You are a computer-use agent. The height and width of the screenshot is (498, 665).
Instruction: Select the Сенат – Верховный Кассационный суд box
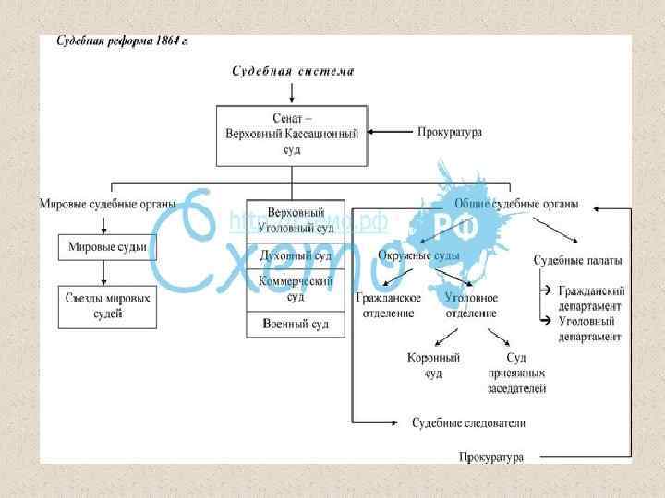[292, 134]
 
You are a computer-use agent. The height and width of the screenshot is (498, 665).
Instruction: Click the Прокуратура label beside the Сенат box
[450, 133]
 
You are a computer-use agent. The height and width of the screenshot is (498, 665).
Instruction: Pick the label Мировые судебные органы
[107, 205]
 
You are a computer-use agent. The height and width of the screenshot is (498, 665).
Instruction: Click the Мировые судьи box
[108, 247]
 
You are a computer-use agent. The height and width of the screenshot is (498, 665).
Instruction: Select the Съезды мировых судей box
[108, 306]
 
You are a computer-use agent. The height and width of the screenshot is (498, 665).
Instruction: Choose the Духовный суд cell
[295, 254]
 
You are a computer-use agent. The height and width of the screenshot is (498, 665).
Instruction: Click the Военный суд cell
[295, 325]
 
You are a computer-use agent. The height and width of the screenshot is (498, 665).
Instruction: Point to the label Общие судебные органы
[516, 205]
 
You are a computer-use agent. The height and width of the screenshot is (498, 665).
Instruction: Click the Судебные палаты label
[577, 261]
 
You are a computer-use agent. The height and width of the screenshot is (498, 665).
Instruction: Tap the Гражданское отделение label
[389, 304]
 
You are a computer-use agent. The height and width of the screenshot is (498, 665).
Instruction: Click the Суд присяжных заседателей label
[516, 373]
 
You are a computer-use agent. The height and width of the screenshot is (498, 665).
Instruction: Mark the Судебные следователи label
[468, 423]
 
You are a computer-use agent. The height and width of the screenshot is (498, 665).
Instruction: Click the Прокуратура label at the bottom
[491, 456]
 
